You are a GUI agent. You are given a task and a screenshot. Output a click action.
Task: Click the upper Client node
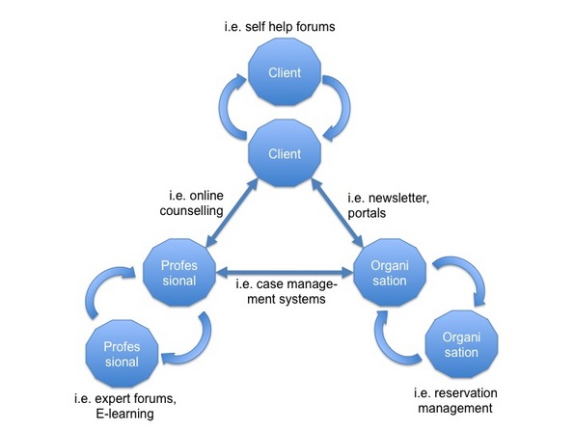pos(285,72)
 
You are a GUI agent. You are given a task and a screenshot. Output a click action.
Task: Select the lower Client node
pos(285,153)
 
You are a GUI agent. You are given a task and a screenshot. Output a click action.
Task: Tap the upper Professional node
pos(179,273)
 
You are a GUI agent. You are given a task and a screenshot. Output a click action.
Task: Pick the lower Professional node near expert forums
pos(122,354)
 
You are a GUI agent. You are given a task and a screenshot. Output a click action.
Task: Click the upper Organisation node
pos(390,273)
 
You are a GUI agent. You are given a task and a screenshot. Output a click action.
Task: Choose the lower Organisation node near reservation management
pos(461,344)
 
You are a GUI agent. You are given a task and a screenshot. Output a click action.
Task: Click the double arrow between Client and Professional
pos(232,213)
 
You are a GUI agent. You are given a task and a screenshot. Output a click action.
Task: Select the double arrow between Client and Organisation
pos(337,213)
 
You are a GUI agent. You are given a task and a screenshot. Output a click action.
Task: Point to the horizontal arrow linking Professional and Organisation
pos(285,272)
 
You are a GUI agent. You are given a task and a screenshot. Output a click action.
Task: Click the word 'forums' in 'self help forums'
pos(315,27)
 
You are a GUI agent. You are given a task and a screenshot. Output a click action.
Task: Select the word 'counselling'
pos(191,211)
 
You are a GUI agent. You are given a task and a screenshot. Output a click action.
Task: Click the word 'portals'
pos(367,213)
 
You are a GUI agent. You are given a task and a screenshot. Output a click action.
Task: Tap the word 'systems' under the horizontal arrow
pos(302,299)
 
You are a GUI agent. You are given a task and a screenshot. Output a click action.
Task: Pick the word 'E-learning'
pos(124,414)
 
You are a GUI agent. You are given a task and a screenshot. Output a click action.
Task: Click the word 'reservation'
pos(466,393)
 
